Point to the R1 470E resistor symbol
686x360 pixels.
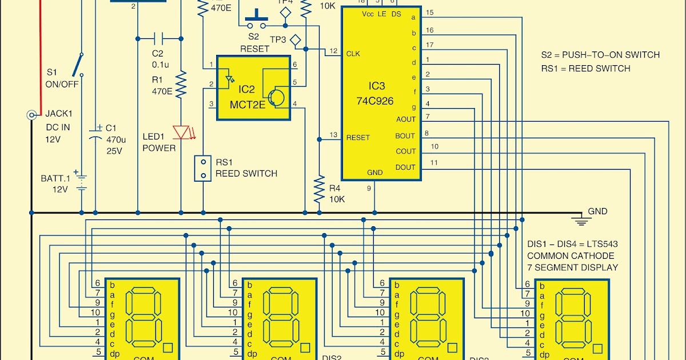tap(181, 85)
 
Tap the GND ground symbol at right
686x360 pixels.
tap(583, 220)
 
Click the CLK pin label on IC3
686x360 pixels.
tap(352, 53)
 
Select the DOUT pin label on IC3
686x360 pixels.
tap(405, 167)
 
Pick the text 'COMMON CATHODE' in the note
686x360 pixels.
tap(570, 255)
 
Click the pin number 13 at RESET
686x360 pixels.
tap(334, 135)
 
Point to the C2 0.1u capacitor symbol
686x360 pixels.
tap(158, 39)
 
